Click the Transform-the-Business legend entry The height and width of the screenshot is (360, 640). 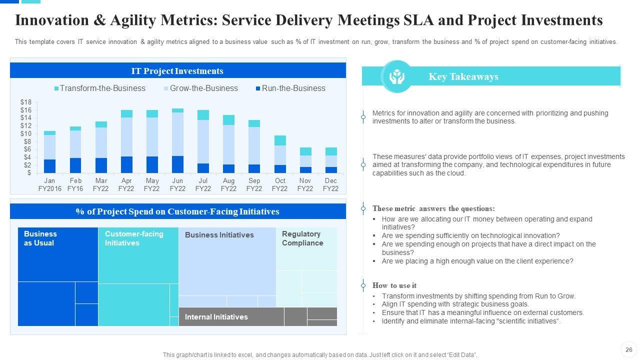point(99,88)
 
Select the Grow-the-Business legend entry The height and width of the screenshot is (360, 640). point(200,88)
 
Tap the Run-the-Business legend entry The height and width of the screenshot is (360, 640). point(290,88)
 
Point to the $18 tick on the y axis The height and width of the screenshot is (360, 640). point(25,102)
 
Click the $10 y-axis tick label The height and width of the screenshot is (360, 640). point(25,134)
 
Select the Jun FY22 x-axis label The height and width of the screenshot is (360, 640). point(177,184)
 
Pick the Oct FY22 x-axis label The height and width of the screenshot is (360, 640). point(280,184)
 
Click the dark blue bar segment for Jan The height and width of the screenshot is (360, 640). point(49,166)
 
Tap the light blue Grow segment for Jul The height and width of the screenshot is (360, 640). point(203,141)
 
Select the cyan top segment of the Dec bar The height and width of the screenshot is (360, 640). point(330,151)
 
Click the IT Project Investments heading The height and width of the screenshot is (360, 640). point(177,71)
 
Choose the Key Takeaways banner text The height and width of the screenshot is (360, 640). point(463,76)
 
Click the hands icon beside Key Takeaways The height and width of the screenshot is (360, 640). point(396,76)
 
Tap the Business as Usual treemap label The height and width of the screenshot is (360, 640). point(40,238)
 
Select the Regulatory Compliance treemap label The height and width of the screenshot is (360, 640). point(302,238)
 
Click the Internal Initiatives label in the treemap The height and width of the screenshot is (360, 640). point(216,317)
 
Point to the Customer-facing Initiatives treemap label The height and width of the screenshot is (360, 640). point(133,238)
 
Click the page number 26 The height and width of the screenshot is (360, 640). point(629,350)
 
